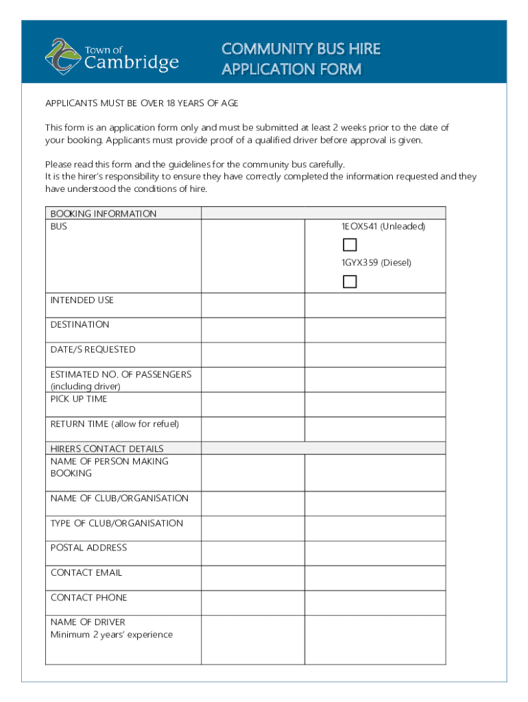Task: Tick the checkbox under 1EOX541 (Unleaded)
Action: tap(350, 245)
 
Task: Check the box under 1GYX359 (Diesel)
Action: tap(350, 281)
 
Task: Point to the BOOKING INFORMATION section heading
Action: tap(104, 214)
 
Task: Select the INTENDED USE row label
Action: tap(82, 300)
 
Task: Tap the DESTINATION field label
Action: tap(80, 325)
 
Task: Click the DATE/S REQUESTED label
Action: tap(93, 350)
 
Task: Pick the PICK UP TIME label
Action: tap(79, 399)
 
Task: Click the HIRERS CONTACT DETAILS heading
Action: tap(107, 449)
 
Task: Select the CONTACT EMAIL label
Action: tap(86, 572)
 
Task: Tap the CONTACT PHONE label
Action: tap(88, 598)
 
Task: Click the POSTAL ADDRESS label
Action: tap(88, 548)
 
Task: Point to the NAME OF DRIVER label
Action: tap(88, 622)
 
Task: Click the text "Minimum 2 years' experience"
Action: tap(112, 635)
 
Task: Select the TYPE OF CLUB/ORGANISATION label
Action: tap(117, 523)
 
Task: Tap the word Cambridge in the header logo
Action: tap(132, 63)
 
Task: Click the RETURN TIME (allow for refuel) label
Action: tap(115, 424)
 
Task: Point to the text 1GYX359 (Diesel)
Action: tap(377, 263)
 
